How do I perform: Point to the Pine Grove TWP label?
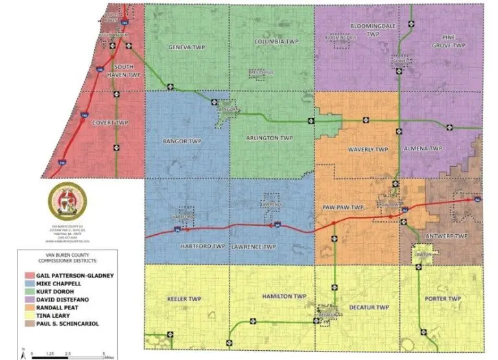tap(449, 42)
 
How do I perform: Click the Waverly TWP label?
tap(368, 149)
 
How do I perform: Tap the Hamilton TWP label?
tap(284, 296)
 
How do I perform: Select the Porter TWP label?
tap(443, 299)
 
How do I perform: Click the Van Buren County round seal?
tap(67, 200)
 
